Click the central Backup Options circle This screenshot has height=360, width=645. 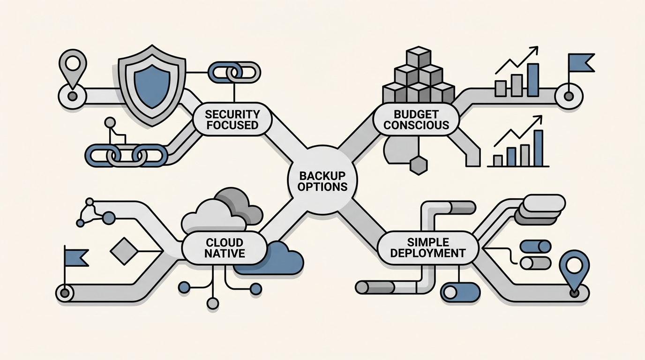(x=322, y=180)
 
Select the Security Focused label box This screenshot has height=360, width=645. (x=232, y=119)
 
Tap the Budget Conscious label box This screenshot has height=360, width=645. (x=416, y=119)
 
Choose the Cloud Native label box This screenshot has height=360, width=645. (x=225, y=248)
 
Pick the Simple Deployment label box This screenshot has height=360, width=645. (x=427, y=247)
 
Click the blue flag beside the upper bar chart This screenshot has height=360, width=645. (x=580, y=63)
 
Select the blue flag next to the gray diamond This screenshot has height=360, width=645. (x=76, y=256)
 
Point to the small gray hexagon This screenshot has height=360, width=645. (x=419, y=165)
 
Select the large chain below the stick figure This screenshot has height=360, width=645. (x=126, y=155)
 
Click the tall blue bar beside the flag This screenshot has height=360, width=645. (x=533, y=80)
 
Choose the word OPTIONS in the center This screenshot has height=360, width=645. (x=322, y=187)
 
